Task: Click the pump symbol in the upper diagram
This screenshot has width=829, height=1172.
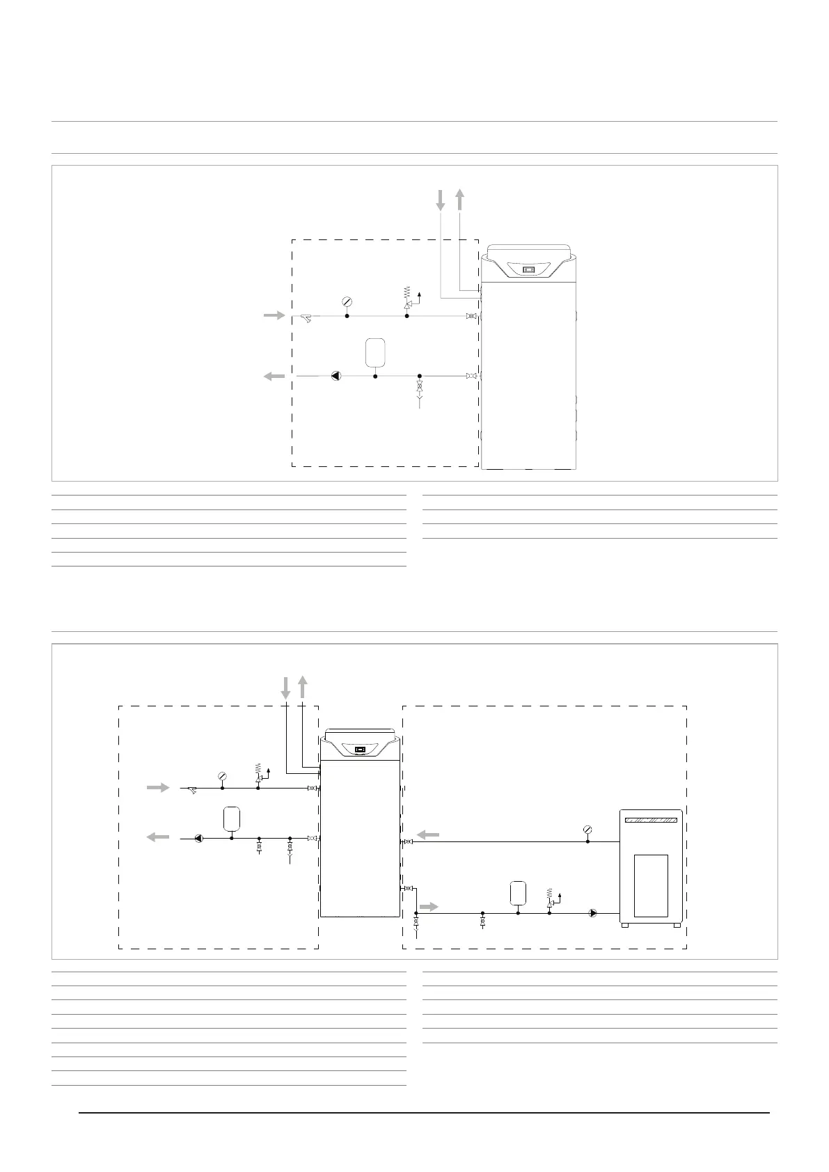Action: tap(336, 376)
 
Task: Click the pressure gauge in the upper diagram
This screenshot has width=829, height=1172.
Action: tap(347, 301)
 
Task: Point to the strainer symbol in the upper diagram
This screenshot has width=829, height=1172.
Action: tap(306, 317)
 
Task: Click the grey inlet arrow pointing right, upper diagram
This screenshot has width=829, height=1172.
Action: tap(274, 316)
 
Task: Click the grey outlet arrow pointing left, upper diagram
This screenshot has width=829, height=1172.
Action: tap(274, 376)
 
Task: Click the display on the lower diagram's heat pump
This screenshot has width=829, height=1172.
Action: tap(360, 750)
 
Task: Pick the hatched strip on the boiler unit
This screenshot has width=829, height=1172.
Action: tap(651, 820)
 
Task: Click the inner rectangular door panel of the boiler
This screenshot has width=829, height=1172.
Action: tap(651, 885)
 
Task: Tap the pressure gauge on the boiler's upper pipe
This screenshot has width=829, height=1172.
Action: tap(587, 829)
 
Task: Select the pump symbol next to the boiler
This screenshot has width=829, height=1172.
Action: tap(592, 913)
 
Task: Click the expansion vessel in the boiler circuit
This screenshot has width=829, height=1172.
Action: tap(518, 892)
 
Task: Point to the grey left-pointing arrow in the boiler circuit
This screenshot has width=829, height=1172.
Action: tap(427, 834)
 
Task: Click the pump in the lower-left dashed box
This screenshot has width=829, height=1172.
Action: tap(199, 839)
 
